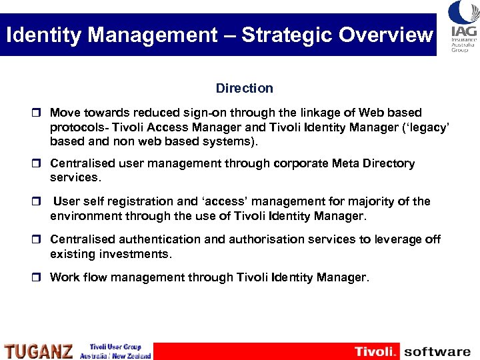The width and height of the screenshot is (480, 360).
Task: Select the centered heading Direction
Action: click(x=244, y=88)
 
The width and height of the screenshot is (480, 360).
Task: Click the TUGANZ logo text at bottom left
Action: click(x=39, y=351)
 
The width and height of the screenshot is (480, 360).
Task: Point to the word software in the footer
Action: click(x=437, y=351)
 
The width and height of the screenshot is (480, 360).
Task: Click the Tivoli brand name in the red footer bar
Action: click(x=375, y=351)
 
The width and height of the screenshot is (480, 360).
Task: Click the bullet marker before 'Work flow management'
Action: click(x=39, y=277)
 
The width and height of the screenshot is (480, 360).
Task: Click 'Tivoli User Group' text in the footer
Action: click(x=115, y=347)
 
